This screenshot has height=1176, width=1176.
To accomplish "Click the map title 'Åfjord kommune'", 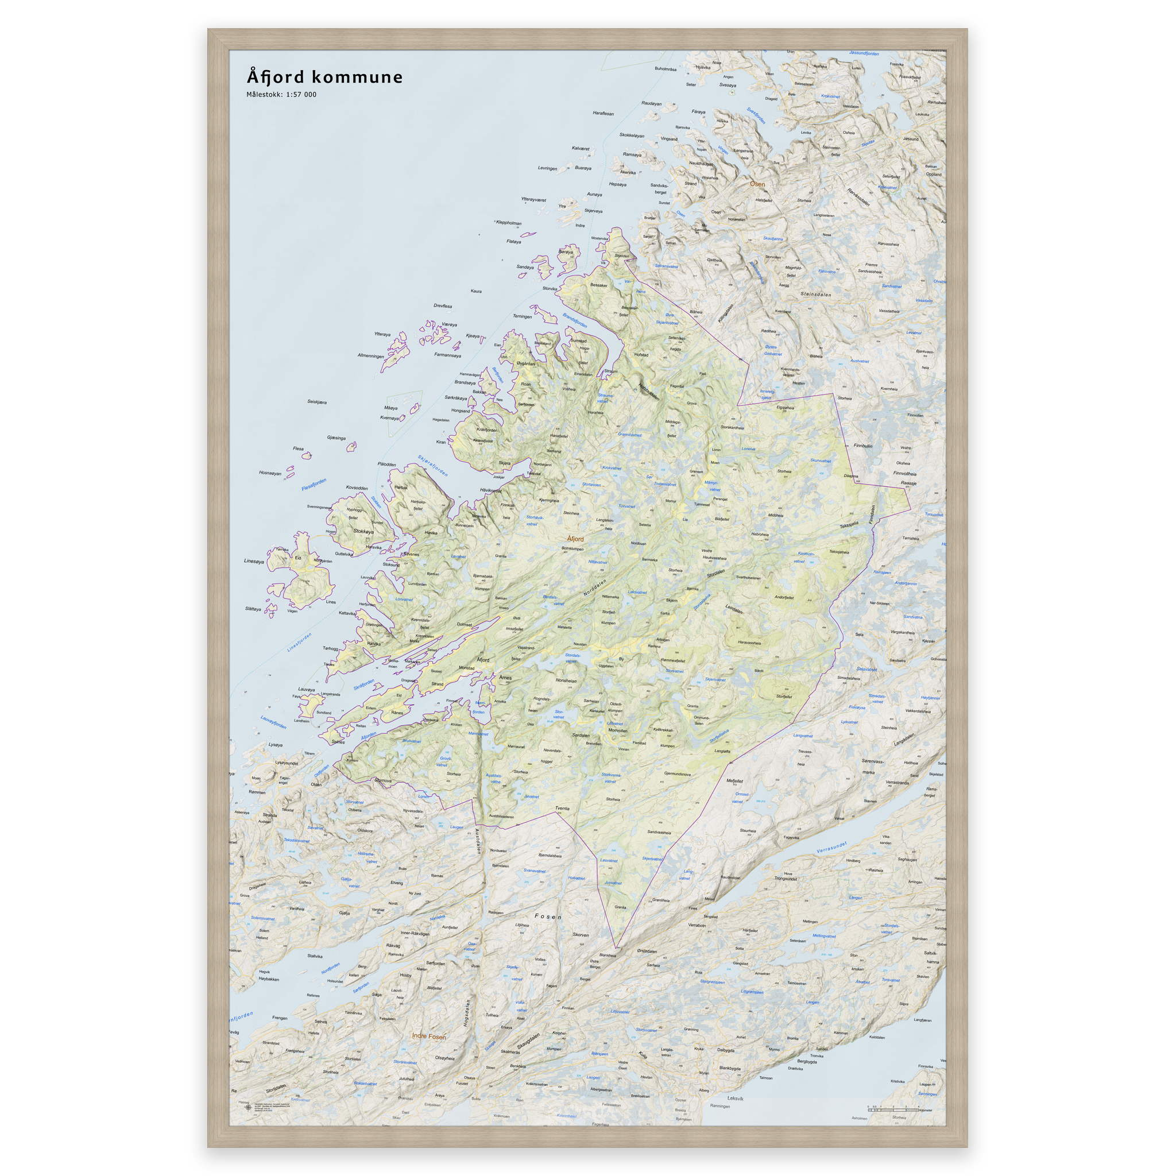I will click(324, 78).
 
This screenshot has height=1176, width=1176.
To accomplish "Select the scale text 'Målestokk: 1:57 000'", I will click(281, 94).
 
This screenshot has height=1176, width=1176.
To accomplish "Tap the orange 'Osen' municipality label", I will click(757, 184).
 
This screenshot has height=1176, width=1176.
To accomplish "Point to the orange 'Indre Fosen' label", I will click(429, 1036).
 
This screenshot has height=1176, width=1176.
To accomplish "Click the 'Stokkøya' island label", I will click(363, 531).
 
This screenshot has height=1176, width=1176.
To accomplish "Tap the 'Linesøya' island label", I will click(254, 561).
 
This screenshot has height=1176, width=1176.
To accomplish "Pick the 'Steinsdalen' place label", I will click(815, 294).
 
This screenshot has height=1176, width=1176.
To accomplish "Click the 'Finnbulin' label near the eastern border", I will click(862, 446).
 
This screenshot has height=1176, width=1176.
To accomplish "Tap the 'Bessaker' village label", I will click(598, 285).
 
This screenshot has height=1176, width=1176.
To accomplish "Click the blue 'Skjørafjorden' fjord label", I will click(433, 466).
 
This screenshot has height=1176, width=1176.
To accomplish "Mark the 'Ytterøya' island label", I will click(382, 334).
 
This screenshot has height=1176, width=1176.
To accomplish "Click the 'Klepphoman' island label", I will click(509, 223).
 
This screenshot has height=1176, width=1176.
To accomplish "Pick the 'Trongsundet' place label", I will click(785, 879).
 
